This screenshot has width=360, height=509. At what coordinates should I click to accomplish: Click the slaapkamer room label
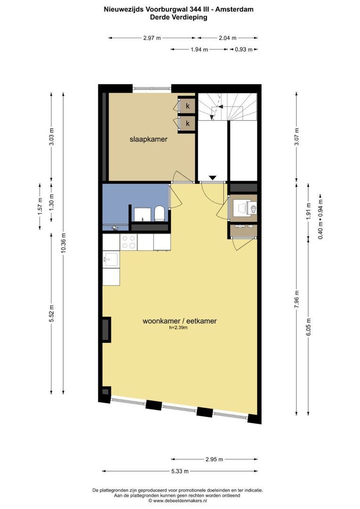pos(148,139)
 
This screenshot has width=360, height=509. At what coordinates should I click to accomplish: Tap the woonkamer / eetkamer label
pos(180,321)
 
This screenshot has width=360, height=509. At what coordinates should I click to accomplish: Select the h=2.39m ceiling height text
pos(178,328)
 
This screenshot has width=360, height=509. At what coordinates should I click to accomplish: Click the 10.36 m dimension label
pos(64,243)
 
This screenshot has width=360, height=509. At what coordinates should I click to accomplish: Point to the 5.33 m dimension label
pos(180,471)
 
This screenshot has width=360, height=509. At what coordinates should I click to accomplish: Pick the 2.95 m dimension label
pos(214,460)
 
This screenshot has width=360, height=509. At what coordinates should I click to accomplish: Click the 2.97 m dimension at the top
pos(152,38)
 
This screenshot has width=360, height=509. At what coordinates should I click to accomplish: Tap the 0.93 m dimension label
pos(244,49)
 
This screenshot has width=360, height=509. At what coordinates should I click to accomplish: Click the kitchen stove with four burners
pos(129,242)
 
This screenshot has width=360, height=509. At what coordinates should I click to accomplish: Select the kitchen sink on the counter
pos(111,259)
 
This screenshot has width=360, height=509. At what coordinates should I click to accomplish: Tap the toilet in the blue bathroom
pos(160,213)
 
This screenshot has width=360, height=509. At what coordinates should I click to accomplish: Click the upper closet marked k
pos(188,106)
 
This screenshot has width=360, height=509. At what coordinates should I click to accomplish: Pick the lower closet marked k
pos(188,123)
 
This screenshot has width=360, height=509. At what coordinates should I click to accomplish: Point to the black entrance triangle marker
pos(213,178)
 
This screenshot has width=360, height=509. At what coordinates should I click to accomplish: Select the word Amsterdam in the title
pos(234,9)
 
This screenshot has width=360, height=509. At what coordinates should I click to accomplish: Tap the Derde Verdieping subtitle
pos(179,17)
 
